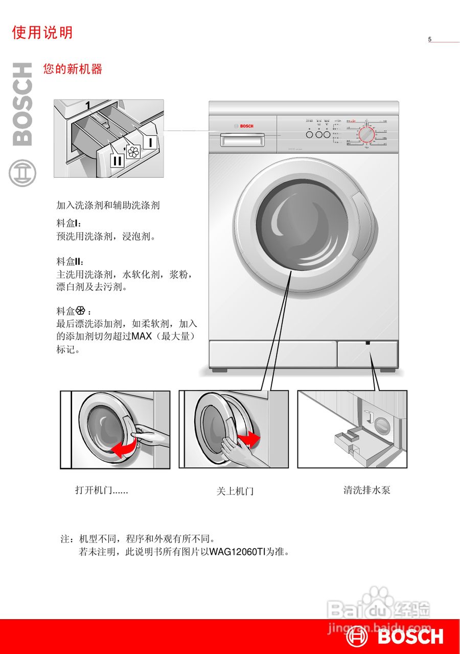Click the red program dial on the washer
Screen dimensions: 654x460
(x=366, y=135)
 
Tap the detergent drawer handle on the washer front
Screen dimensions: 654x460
(x=243, y=139)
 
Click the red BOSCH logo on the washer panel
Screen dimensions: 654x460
(x=244, y=126)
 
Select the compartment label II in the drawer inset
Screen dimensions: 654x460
(x=117, y=160)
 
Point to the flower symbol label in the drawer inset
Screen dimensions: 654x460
(x=133, y=151)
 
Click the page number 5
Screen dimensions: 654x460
(x=430, y=39)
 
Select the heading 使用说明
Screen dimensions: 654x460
(x=42, y=33)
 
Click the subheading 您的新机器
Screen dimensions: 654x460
(x=73, y=69)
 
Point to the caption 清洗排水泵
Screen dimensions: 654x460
(x=366, y=491)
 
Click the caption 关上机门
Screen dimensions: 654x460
(x=235, y=491)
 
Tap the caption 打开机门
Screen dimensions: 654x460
(x=101, y=491)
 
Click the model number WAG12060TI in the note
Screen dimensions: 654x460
(x=236, y=552)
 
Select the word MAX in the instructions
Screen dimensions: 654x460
(x=142, y=337)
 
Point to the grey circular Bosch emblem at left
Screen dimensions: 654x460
(x=22, y=173)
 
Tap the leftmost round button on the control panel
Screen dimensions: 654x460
(x=310, y=134)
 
